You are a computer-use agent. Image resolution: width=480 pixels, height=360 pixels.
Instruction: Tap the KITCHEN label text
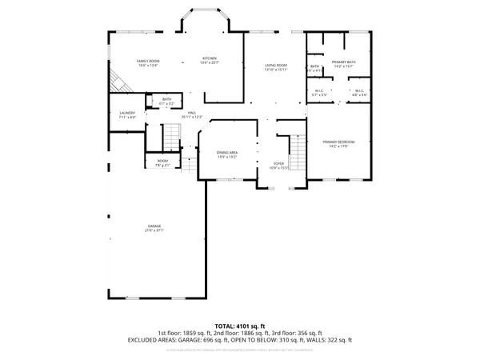(210, 58)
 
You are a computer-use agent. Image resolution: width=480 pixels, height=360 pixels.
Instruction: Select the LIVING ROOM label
(276, 66)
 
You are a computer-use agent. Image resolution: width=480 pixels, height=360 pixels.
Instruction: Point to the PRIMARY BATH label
(345, 62)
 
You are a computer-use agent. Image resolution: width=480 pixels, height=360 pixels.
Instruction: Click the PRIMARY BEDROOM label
(341, 142)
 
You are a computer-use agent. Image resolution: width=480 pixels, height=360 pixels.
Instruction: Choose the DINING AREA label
(227, 152)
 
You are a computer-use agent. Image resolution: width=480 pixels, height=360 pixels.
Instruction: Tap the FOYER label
(278, 163)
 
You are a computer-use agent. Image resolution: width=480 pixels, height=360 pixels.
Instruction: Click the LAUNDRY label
(127, 113)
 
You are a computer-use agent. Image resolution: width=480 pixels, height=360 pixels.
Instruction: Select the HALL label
(192, 113)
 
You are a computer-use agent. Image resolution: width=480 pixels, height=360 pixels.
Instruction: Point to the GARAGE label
(154, 226)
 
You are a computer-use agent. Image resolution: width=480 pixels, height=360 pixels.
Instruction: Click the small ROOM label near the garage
(162, 162)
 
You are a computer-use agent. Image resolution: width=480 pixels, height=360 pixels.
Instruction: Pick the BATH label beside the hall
(166, 99)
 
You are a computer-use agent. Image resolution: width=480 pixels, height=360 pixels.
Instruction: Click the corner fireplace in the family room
(118, 82)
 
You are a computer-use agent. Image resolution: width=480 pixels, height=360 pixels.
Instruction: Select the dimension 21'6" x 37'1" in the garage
(154, 232)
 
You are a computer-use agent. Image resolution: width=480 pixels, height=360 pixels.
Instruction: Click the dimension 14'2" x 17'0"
(341, 146)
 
